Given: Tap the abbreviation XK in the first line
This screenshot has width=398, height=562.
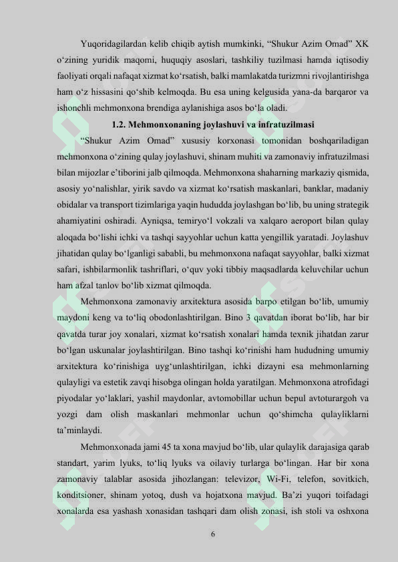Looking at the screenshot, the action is pyautogui.click(x=363, y=45).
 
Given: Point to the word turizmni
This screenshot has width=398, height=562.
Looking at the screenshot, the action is pyautogui.click(x=276, y=75).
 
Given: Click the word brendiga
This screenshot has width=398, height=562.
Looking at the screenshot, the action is pyautogui.click(x=178, y=107).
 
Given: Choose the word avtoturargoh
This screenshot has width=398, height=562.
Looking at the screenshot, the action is pyautogui.click(x=336, y=399).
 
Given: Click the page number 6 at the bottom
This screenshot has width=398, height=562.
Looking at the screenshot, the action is pyautogui.click(x=212, y=534).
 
